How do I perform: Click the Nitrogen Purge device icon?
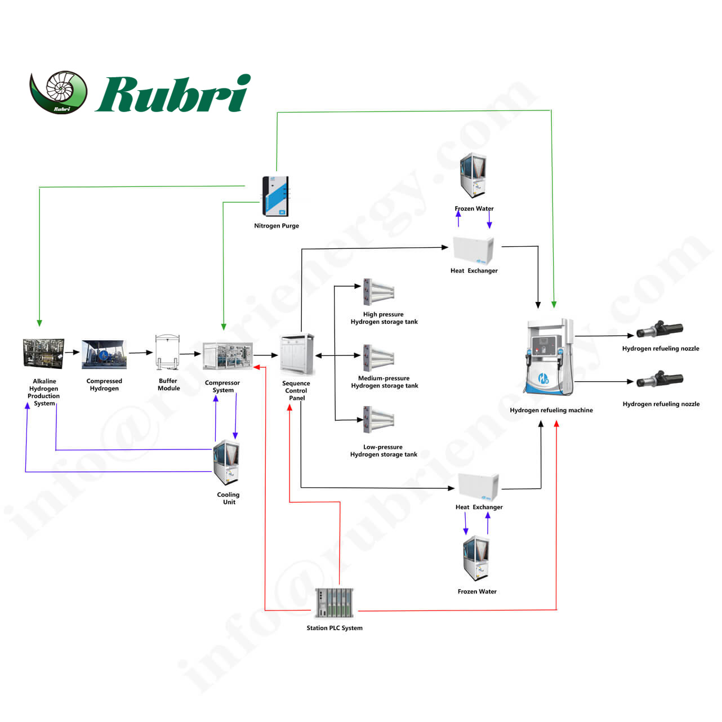click(275, 197)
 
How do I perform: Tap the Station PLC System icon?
click(335, 603)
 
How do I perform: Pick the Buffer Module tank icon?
click(167, 353)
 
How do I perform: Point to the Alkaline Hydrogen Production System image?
click(43, 354)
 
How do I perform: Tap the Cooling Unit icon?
click(226, 462)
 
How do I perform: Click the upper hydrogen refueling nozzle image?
click(659, 329)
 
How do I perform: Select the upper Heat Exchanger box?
click(474, 250)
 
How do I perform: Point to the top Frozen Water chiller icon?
click(473, 175)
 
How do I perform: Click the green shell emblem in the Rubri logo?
click(59, 91)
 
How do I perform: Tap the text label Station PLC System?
click(335, 628)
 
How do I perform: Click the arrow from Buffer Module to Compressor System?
click(190, 354)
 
